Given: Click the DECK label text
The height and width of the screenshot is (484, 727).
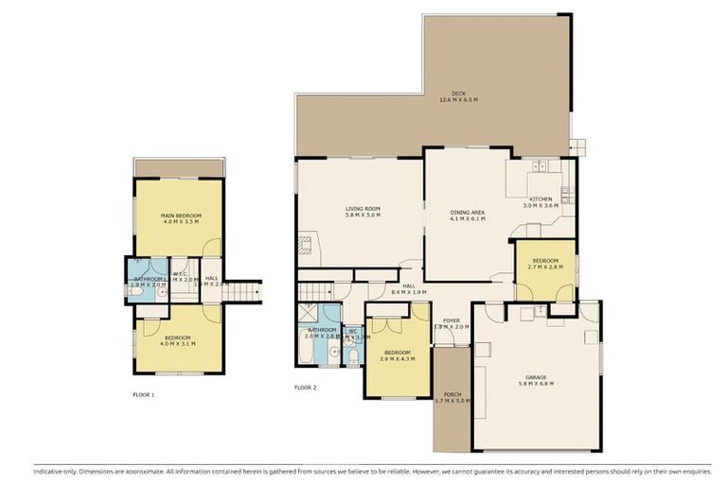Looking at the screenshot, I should pos(458,93).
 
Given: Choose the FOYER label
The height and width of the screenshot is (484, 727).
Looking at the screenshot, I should pos(451,320).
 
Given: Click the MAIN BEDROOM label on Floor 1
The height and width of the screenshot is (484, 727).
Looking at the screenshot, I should pos(181,216).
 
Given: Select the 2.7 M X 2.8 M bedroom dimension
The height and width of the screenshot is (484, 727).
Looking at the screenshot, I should pos(545,267).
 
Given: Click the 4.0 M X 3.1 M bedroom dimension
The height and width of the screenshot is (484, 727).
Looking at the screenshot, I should pos(178,344).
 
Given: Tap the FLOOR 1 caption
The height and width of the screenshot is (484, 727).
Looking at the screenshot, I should pos(143,394).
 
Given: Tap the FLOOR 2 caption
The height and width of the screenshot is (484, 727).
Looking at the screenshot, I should pos(305,388).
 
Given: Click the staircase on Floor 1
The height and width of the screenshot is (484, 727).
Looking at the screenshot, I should pos(244,289).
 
